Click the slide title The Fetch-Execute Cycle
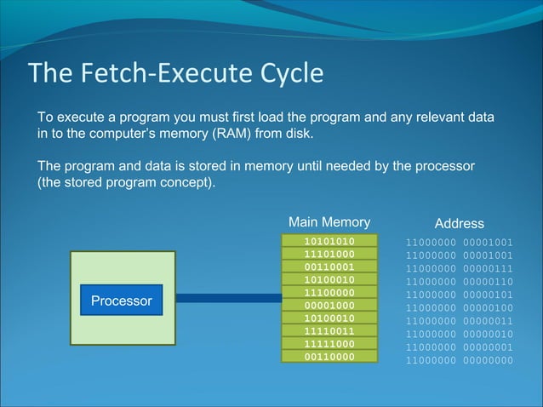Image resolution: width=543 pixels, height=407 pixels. click(176, 73)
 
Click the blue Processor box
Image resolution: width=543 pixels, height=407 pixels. click(121, 301)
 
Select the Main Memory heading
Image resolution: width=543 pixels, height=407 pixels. click(329, 222)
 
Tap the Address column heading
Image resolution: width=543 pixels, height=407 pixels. click(459, 223)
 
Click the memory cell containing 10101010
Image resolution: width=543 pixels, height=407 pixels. click(329, 241)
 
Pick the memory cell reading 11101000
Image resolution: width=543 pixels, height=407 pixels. click(329, 254)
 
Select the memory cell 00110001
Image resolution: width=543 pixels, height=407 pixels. click(329, 267)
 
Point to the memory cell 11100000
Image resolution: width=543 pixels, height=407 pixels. click(329, 292)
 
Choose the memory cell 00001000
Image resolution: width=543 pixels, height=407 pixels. click(329, 305)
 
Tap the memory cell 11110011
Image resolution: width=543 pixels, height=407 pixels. click(329, 330)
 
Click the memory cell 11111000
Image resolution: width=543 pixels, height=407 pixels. click(329, 343)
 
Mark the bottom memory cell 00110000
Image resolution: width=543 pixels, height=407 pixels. click(329, 356)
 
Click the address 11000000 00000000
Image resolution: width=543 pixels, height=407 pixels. click(459, 360)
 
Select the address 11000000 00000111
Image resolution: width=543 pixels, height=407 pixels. click(459, 268)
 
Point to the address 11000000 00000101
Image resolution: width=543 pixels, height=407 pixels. click(459, 295)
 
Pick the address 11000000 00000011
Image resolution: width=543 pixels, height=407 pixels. click(459, 321)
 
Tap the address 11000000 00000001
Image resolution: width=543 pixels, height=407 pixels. click(459, 347)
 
